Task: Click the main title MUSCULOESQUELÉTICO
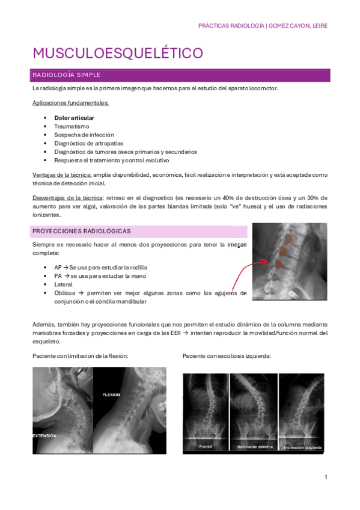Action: click(x=117, y=53)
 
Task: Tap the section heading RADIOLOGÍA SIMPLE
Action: click(x=67, y=75)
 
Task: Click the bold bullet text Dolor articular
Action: click(x=74, y=118)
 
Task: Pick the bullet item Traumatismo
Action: click(x=72, y=126)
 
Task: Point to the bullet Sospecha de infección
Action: click(x=84, y=135)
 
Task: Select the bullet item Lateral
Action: click(x=63, y=284)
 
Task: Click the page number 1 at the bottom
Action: click(x=325, y=477)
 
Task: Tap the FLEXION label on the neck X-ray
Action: click(x=111, y=395)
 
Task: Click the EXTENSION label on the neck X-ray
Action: click(x=44, y=435)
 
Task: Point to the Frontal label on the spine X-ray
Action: click(x=206, y=447)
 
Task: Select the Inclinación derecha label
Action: click(x=255, y=447)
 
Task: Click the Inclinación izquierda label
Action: click(x=303, y=447)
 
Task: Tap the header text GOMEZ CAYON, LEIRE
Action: click(x=298, y=26)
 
